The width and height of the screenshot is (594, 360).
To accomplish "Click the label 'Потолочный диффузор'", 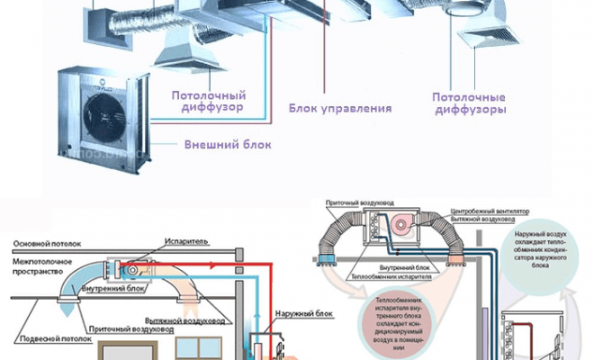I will point(208,102).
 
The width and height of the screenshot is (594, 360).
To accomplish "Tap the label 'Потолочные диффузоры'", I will point(467,102).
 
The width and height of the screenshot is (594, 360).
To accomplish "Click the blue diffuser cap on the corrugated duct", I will point(65,306).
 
